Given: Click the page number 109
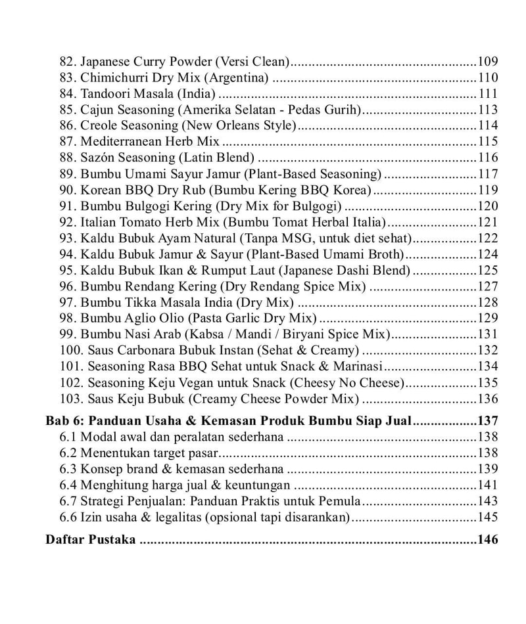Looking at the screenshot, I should [487, 62].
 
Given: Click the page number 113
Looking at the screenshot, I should [487, 110].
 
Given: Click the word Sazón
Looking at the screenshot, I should [99, 158].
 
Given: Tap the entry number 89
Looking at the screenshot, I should [68, 174].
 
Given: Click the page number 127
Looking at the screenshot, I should [487, 286].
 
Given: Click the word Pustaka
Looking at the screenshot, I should [112, 540].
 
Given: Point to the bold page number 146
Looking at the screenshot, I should [487, 540].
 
